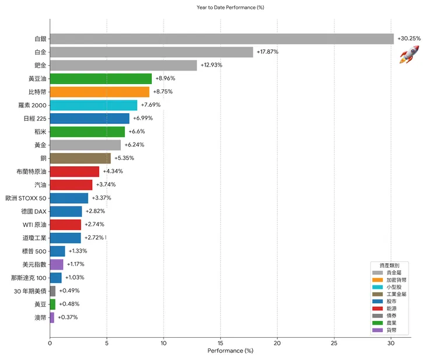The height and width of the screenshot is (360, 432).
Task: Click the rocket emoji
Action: point(409,55)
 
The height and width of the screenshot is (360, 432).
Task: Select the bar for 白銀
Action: point(222,39)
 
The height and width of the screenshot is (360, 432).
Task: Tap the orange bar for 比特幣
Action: point(100,92)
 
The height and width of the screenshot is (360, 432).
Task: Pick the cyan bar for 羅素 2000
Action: point(93,105)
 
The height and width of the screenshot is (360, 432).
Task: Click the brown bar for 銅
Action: point(80,158)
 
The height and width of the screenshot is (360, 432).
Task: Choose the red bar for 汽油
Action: point(71,184)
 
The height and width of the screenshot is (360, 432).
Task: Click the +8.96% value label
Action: point(165,78)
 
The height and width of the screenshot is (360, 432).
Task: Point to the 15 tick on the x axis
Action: point(221,343)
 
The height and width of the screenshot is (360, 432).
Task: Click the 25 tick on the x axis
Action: point(335,343)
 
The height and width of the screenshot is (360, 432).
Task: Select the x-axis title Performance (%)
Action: point(230,351)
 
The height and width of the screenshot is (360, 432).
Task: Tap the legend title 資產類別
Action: point(389,265)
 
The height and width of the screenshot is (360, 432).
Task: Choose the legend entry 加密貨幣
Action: point(397,279)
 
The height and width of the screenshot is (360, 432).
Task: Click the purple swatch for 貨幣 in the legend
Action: point(377,330)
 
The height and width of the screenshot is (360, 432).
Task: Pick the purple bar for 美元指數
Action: point(57,264)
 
